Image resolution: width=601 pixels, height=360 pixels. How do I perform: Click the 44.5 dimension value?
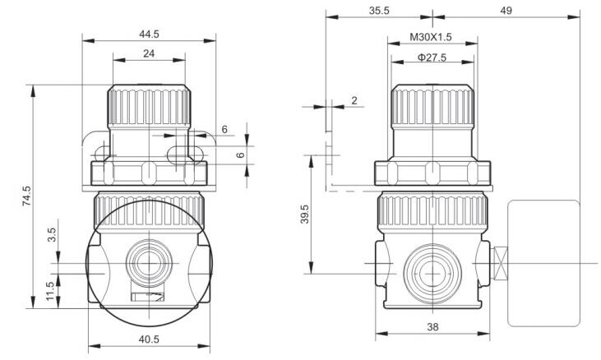(x=149, y=34)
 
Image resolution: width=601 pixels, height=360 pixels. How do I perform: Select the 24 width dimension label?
(x=149, y=53)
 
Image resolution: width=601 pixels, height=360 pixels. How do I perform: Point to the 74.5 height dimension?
(x=27, y=196)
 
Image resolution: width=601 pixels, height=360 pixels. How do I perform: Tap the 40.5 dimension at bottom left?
(x=149, y=339)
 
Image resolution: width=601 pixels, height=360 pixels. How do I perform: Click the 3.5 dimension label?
(x=51, y=234)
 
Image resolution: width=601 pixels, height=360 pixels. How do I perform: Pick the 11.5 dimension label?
(x=51, y=291)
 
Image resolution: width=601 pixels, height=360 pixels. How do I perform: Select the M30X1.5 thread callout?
(x=431, y=37)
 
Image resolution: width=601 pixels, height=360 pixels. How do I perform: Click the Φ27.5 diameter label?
(x=432, y=58)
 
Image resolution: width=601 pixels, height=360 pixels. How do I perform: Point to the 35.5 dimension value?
(x=379, y=11)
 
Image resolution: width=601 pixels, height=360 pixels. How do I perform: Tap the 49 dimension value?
(x=506, y=11)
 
